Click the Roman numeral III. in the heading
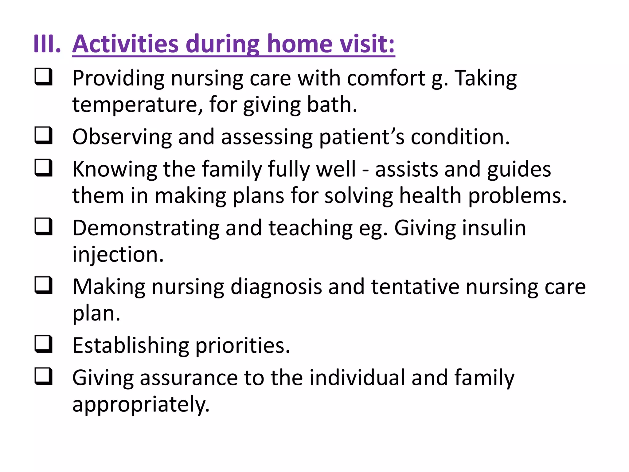coord(47,44)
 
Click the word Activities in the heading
coord(125,44)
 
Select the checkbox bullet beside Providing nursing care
coord(43,77)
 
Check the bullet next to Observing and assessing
coord(43,136)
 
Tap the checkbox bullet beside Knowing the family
coord(43,168)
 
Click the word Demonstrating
coord(146,228)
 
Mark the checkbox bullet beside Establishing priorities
coord(43,344)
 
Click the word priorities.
coord(243,346)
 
